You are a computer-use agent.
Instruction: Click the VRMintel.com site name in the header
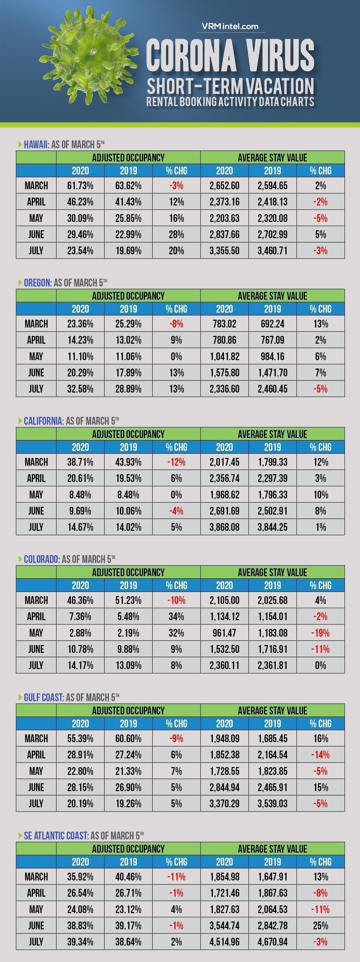tap(230, 26)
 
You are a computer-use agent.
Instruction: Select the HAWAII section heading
tap(36, 144)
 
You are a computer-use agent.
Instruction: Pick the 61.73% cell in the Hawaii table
tap(80, 185)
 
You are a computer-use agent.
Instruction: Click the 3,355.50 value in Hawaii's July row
tap(224, 251)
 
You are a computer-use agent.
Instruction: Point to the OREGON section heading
tap(37, 283)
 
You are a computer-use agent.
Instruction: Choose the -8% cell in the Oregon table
tap(176, 324)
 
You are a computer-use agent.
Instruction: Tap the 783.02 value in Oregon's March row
tap(224, 324)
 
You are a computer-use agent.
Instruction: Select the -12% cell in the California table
tap(176, 462)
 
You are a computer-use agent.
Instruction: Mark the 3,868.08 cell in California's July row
tap(224, 527)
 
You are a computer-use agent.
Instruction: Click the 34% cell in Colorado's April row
tap(176, 617)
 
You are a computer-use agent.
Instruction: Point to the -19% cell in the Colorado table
tap(320, 633)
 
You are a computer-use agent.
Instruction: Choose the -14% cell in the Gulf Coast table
tap(320, 755)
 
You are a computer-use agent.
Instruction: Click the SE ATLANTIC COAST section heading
tap(56, 835)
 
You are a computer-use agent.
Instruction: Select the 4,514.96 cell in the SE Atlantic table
tap(224, 941)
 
